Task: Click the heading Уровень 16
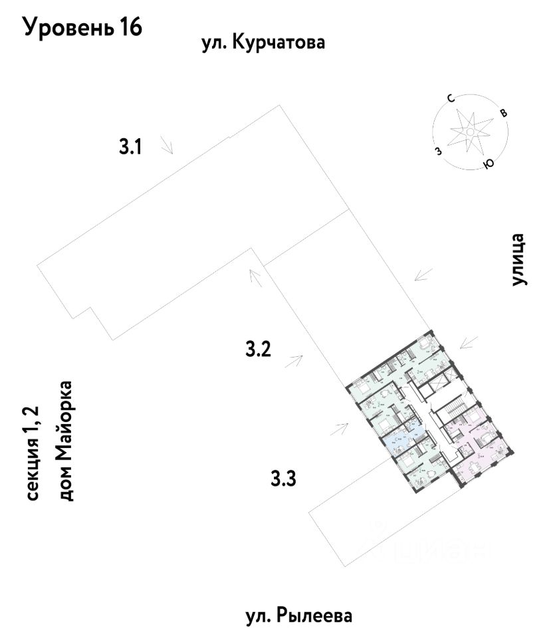tap(83, 29)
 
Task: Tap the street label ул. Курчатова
tap(263, 45)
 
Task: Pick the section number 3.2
tap(258, 349)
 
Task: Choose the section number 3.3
tap(283, 477)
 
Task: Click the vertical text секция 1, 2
tap(33, 453)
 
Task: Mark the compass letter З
tap(437, 151)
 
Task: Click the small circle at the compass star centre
tap(469, 132)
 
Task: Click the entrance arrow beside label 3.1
tap(167, 146)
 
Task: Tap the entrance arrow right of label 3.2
tap(294, 361)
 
